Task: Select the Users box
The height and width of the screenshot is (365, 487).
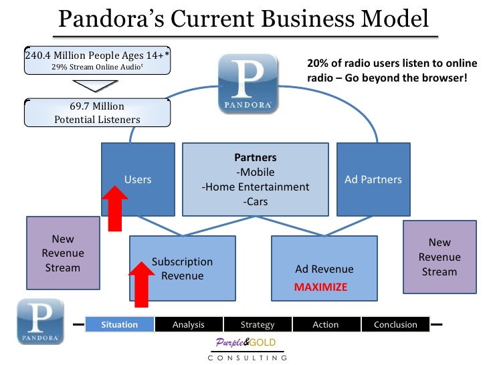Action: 138,179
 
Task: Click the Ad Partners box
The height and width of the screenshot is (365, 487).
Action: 373,179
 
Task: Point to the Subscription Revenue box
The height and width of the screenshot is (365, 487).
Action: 182,268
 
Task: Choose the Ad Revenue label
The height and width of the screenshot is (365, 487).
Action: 324,269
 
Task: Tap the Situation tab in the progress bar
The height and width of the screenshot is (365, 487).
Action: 119,325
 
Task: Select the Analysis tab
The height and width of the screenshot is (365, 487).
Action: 188,325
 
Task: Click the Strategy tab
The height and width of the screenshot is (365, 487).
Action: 257,325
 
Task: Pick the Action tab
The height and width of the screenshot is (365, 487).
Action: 326,325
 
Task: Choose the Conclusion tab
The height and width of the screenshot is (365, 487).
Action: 395,325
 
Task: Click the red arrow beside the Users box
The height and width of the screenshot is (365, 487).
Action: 115,209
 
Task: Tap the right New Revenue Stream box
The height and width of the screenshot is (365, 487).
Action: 439,257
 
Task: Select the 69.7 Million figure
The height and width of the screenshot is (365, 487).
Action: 97,106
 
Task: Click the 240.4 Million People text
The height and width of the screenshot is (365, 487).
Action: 97,55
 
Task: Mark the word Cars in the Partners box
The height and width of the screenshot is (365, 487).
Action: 256,201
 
